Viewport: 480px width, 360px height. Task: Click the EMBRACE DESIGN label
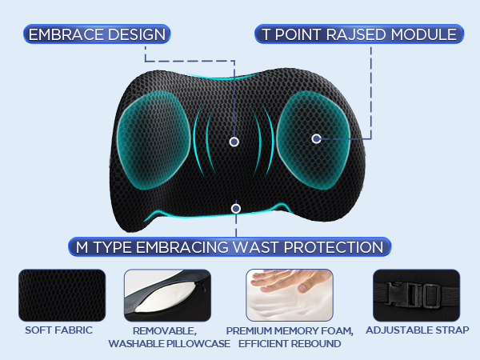pyautogui.click(x=97, y=34)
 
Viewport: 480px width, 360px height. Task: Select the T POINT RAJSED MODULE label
pyautogui.click(x=358, y=34)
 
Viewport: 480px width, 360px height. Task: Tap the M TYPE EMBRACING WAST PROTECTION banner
pyautogui.click(x=230, y=246)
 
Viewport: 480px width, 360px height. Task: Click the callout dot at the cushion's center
pyautogui.click(x=234, y=142)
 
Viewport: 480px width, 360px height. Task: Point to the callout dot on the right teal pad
pyautogui.click(x=316, y=138)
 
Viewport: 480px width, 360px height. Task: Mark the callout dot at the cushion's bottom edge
pyautogui.click(x=235, y=209)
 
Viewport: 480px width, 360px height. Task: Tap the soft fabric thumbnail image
pyautogui.click(x=62, y=294)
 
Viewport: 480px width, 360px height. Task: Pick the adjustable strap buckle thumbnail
pyautogui.click(x=416, y=294)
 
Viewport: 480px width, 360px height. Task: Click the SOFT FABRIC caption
pyautogui.click(x=58, y=330)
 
